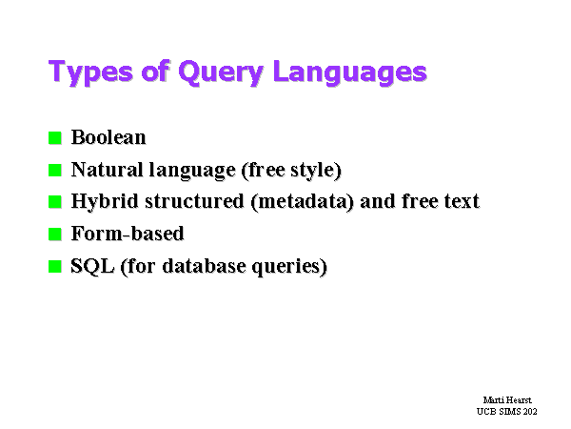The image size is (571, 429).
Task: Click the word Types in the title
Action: pyautogui.click(x=90, y=72)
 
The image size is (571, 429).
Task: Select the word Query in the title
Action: pyautogui.click(x=221, y=72)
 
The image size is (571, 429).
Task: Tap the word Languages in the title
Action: pyautogui.click(x=349, y=72)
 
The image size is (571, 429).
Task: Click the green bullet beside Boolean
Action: pyautogui.click(x=55, y=138)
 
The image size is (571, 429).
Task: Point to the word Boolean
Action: pyautogui.click(x=108, y=137)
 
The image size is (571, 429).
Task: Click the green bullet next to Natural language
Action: pyautogui.click(x=55, y=170)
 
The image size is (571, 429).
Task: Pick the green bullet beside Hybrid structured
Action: pyautogui.click(x=55, y=202)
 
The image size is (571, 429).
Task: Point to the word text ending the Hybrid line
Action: pyautogui.click(x=462, y=202)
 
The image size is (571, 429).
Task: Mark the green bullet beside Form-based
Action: pyautogui.click(x=55, y=234)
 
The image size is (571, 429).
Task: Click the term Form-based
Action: pyautogui.click(x=128, y=234)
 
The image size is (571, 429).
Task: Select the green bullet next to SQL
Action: pyautogui.click(x=55, y=266)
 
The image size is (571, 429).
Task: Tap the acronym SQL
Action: pyautogui.click(x=92, y=266)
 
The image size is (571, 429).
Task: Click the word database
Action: pyautogui.click(x=204, y=266)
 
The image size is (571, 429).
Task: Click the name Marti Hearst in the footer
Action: pyautogui.click(x=507, y=399)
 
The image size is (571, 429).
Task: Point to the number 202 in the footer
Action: pyautogui.click(x=530, y=412)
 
